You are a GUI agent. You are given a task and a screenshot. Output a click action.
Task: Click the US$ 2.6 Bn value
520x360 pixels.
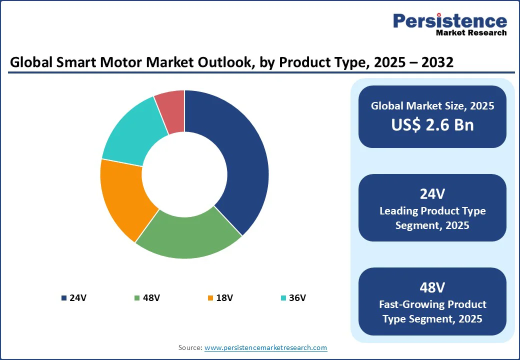pos(432,124)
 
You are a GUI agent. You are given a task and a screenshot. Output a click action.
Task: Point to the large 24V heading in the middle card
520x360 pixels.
pos(432,194)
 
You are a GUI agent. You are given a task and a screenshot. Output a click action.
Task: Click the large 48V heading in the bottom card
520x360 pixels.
pos(432,287)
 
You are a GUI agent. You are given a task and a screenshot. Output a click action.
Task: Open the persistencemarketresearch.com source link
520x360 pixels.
pos(265,347)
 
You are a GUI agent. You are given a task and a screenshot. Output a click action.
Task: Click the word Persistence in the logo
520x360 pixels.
pos(449,21)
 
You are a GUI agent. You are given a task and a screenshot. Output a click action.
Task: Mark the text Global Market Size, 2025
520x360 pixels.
pos(432,105)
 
